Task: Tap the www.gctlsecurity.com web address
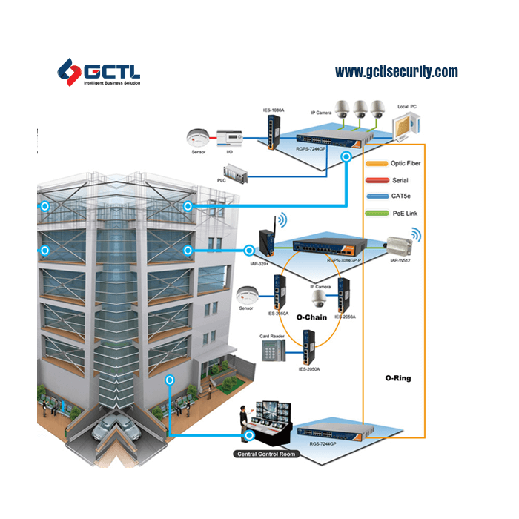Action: coord(396,72)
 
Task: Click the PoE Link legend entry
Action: coord(398,214)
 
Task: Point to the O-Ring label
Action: coord(397,378)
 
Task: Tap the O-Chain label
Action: coord(311,317)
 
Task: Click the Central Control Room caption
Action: coord(267,454)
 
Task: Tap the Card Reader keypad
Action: coord(271,354)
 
